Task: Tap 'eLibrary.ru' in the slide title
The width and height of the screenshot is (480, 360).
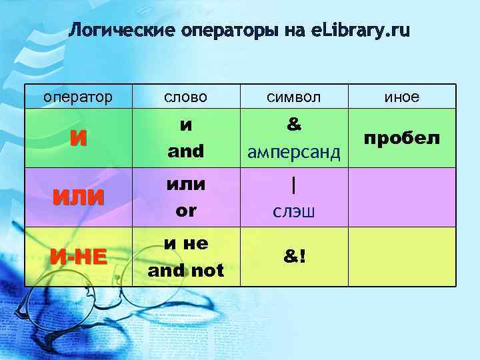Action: pos(361,31)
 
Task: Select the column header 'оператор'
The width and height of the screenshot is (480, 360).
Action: pos(78,97)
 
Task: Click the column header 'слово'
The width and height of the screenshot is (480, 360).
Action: pos(186,97)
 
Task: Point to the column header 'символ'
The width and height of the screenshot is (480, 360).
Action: pos(293,97)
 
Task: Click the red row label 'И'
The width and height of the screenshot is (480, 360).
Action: pos(78,139)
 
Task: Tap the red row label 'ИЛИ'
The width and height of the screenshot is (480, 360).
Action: pos(78,198)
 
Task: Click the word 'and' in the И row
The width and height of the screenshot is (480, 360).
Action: pos(186,151)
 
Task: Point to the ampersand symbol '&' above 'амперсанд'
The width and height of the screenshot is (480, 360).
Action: pos(293,125)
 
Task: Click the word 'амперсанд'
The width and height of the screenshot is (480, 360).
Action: pos(293,153)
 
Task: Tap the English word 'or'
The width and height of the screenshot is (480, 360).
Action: pos(186,211)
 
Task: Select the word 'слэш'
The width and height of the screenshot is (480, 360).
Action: pos(293,212)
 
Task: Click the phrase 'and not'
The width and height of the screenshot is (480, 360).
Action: pos(186,271)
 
